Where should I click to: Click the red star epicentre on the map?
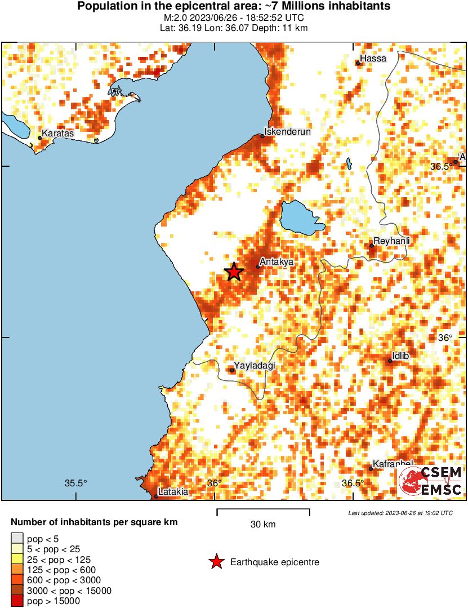click(234, 272)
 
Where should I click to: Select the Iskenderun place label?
click(288, 131)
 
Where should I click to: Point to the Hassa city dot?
click(358, 63)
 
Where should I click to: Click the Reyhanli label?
click(392, 241)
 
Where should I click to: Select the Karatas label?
click(58, 134)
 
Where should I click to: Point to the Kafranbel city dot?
click(371, 469)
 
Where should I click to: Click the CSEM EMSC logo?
click(431, 481)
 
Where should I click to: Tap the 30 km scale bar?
click(263, 512)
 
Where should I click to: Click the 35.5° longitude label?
click(76, 483)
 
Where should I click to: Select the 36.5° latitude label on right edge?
click(441, 166)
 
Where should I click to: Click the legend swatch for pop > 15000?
click(17, 601)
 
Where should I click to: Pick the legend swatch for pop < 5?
click(17, 538)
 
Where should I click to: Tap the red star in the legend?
click(216, 562)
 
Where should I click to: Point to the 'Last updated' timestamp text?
click(400, 513)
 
